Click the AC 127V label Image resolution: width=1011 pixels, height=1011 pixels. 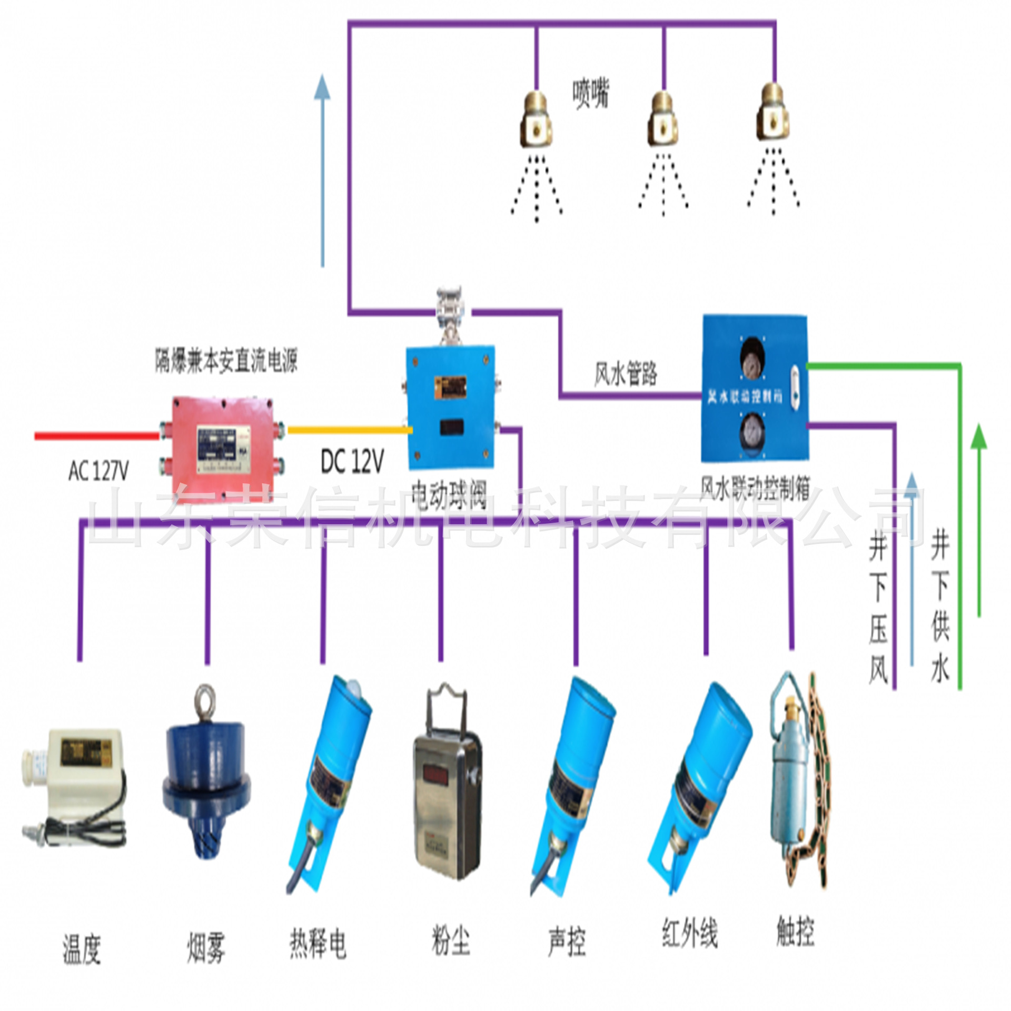coord(98,470)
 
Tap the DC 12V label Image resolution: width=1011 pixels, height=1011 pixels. coord(352,461)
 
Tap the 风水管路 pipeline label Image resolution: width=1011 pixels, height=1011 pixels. coord(626,374)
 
